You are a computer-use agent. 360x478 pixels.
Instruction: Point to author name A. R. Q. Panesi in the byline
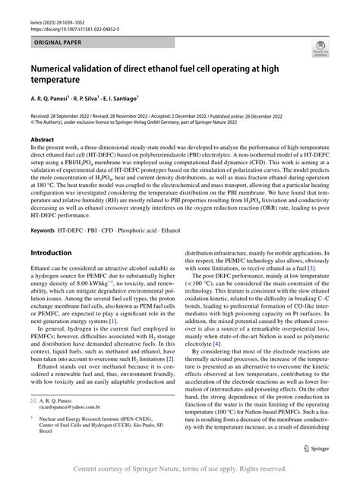[x=52, y=100]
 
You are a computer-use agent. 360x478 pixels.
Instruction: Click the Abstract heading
[x=39, y=141]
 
